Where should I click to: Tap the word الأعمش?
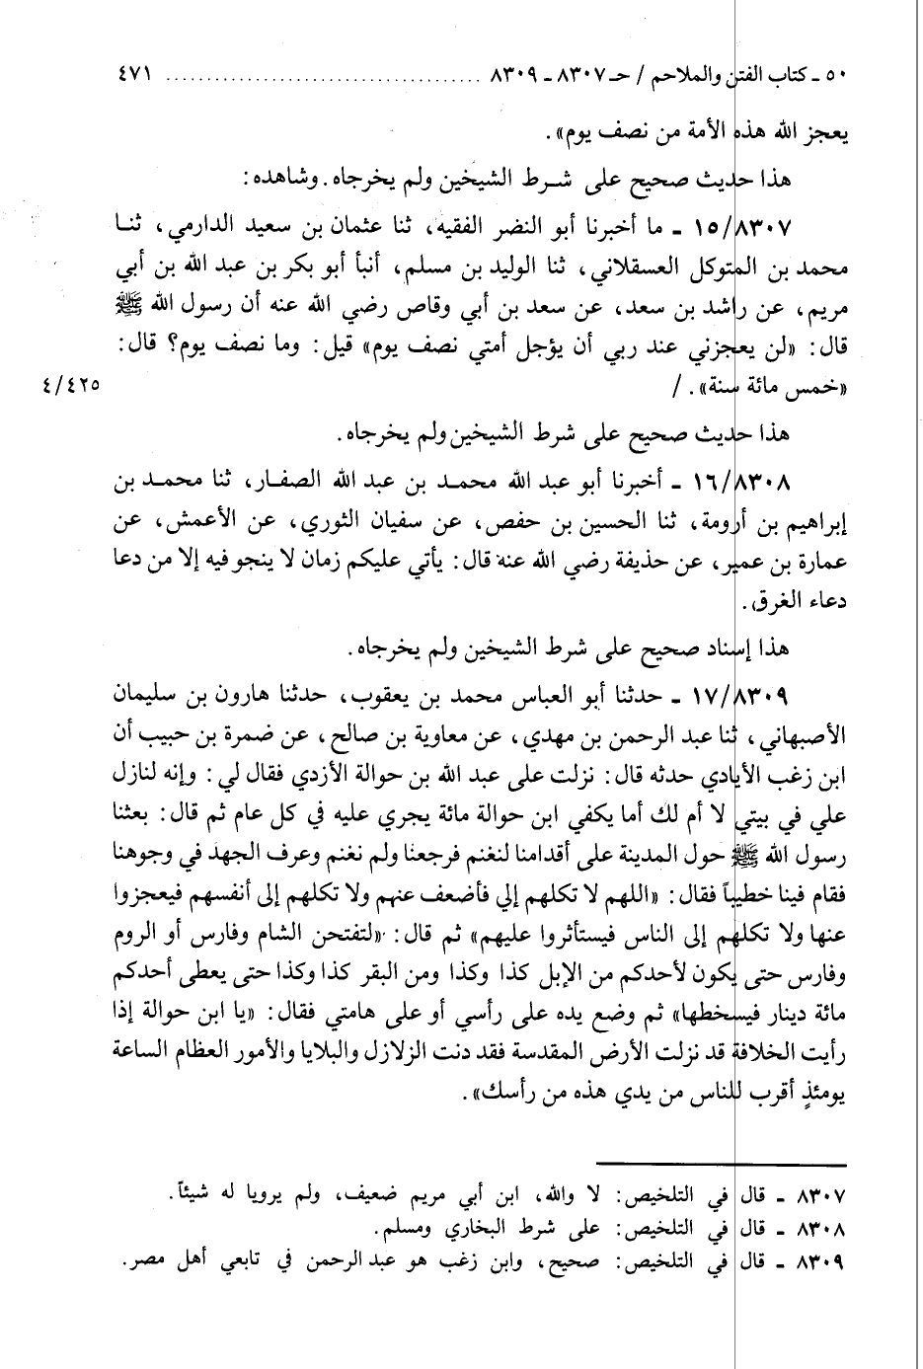[x=193, y=522]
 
